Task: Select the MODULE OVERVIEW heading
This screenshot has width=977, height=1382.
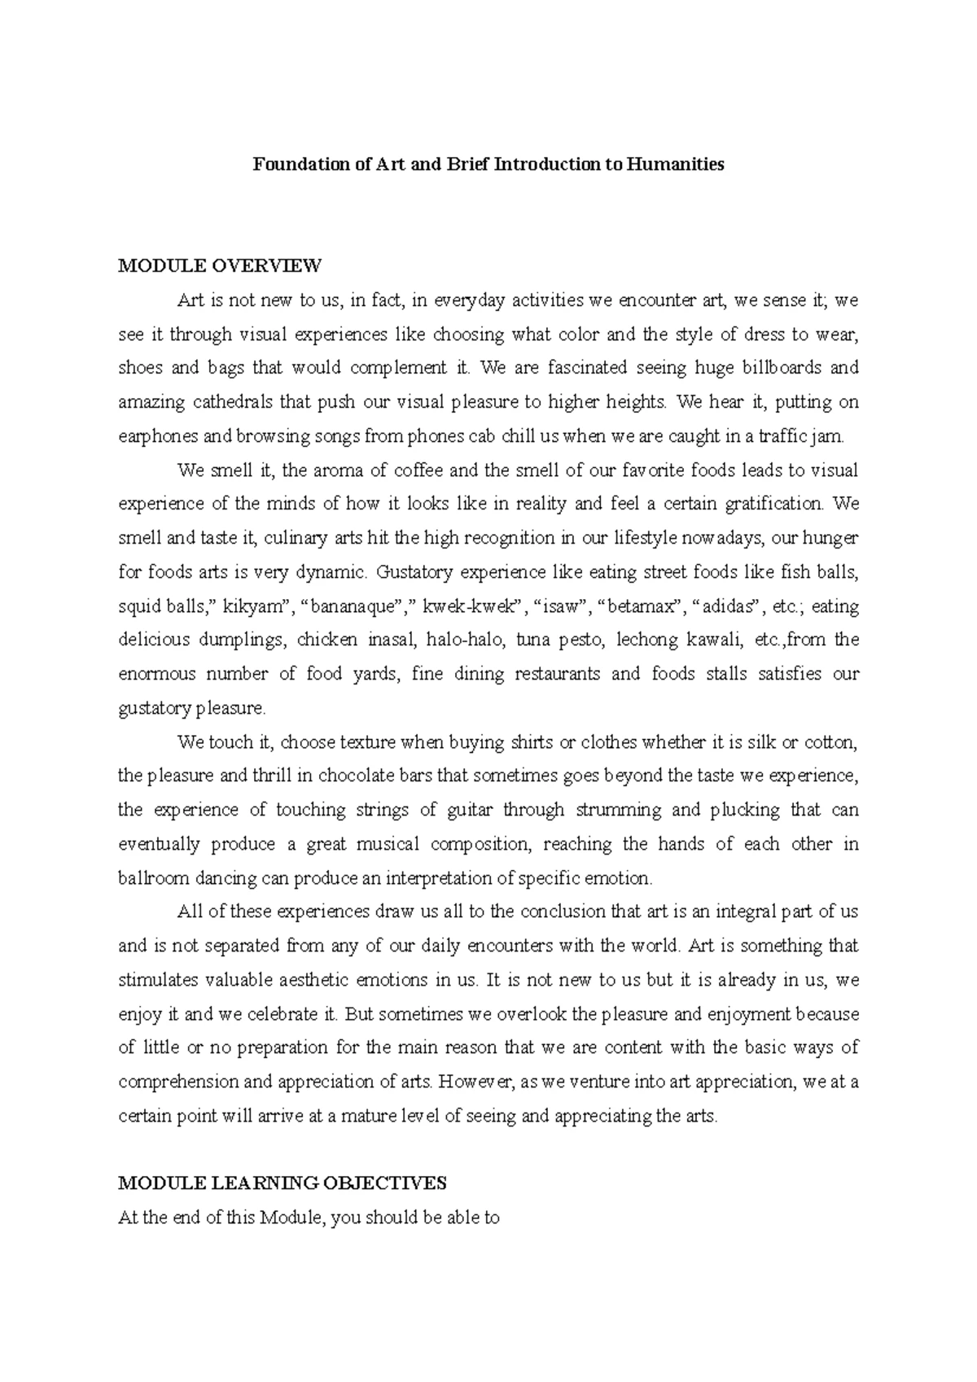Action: coord(220,265)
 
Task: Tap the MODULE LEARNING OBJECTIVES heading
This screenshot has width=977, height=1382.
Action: coord(283,1183)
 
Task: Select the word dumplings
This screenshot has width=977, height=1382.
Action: coord(247,641)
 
